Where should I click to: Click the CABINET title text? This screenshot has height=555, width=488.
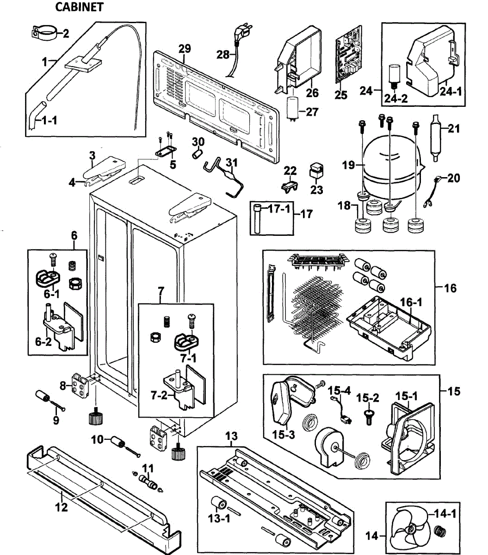79,7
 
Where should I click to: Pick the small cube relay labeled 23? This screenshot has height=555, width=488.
316,171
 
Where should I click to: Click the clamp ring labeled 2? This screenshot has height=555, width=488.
45,33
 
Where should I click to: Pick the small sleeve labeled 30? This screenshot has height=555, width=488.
198,153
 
